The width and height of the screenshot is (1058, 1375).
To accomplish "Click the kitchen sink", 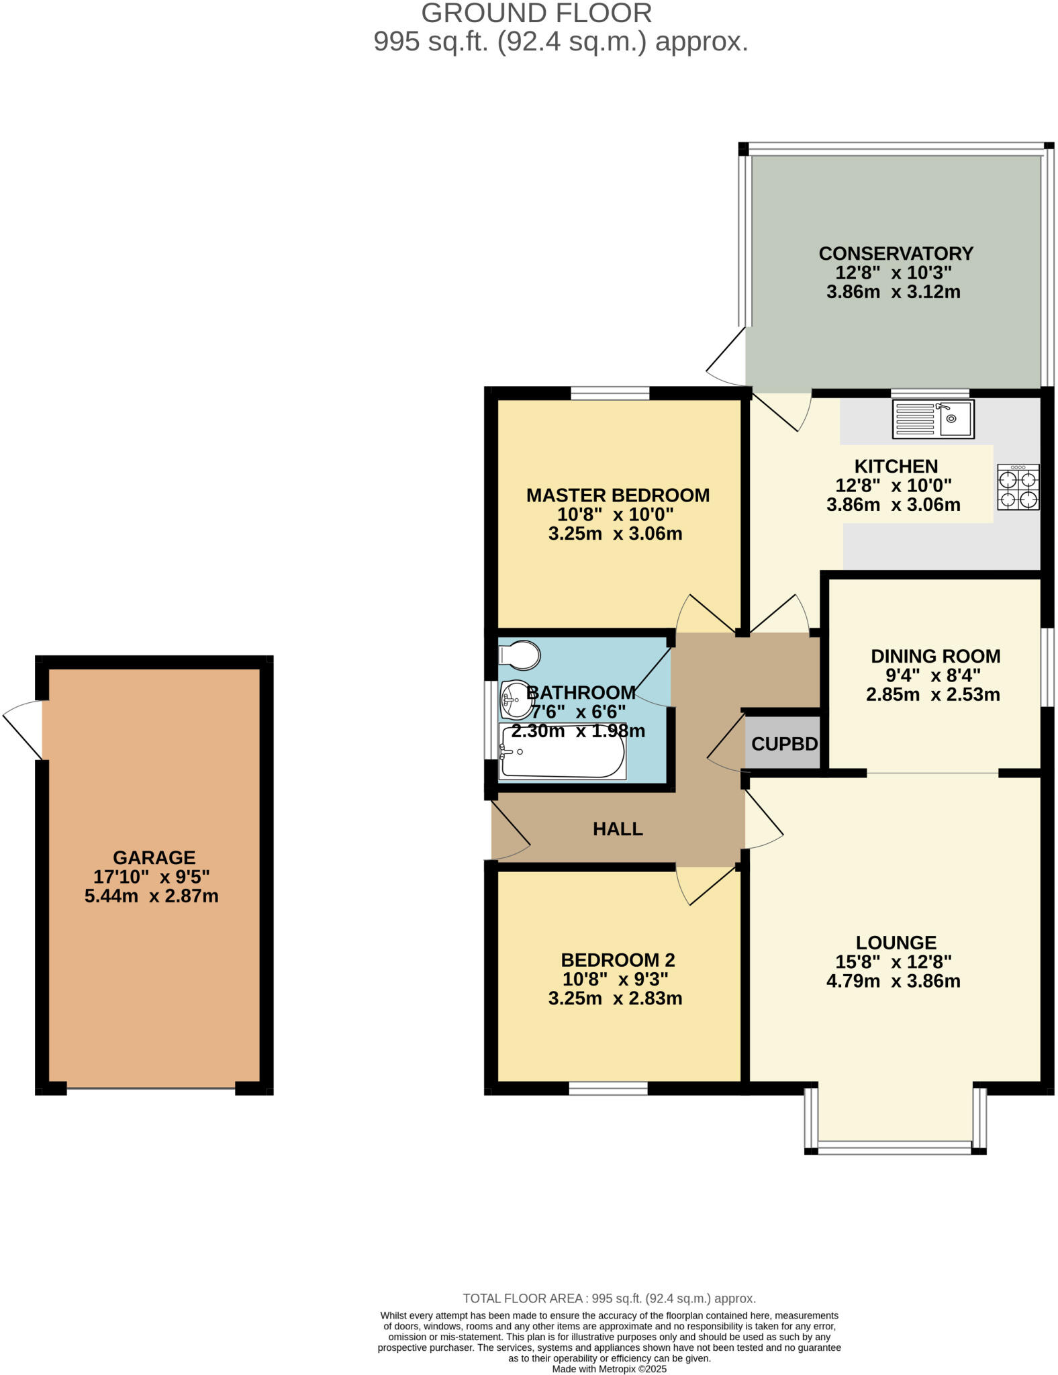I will click(932, 420).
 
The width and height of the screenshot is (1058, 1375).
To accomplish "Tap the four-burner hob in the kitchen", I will click(1018, 488).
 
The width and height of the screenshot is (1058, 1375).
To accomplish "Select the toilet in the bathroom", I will click(520, 655).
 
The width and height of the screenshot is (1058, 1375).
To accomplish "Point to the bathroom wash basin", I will click(516, 700).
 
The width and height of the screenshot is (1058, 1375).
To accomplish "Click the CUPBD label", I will click(784, 744).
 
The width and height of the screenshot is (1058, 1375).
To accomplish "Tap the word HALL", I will click(618, 829).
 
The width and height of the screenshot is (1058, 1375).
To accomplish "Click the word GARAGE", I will click(154, 857).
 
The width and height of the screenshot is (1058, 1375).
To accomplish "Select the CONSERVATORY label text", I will click(896, 254).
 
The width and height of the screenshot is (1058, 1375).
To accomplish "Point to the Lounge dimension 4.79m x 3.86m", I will click(893, 981).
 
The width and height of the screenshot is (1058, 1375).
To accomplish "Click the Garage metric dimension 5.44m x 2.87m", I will click(152, 896).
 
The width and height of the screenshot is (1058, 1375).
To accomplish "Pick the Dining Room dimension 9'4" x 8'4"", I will click(933, 675).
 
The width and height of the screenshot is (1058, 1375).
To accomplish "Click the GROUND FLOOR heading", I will click(536, 13).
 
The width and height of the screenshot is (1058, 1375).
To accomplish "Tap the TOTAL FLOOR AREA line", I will click(609, 1298).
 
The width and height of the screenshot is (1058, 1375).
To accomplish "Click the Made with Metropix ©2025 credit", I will click(609, 1368).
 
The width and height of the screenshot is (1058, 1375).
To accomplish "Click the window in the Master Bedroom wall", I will click(610, 393).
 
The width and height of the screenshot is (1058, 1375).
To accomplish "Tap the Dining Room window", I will click(1047, 667).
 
